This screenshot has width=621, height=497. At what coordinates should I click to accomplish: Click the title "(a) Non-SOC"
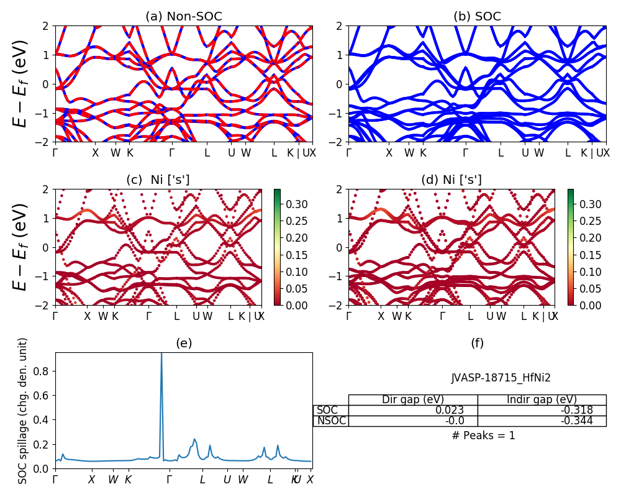tap(184, 17)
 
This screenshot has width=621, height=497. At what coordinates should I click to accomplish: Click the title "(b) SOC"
tap(478, 17)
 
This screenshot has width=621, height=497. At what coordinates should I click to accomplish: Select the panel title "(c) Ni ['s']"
tap(158, 180)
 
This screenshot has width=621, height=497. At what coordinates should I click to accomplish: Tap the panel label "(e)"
tap(184, 343)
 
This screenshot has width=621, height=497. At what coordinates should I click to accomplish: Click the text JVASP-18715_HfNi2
tap(501, 377)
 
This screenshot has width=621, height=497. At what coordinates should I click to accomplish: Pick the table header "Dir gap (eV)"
tap(412, 399)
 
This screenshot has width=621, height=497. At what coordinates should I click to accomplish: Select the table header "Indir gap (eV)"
tap(542, 399)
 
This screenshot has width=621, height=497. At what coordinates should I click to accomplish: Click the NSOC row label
tap(331, 421)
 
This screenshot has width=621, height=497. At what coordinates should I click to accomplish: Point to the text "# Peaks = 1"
tap(484, 435)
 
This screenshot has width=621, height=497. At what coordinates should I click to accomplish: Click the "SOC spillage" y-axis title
tap(23, 411)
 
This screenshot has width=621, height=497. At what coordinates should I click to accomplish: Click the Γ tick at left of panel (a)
tap(55, 153)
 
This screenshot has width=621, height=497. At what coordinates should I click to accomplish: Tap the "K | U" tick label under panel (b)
tap(591, 153)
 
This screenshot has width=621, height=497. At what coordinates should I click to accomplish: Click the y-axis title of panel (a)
tap(21, 84)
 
